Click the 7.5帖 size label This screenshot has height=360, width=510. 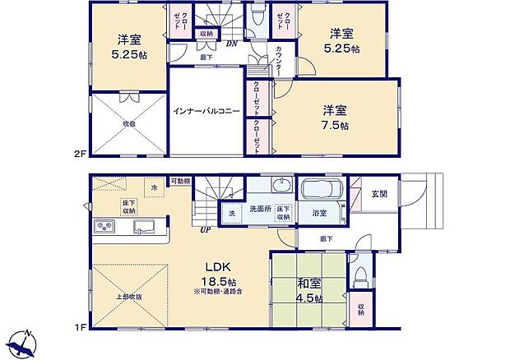click(x=336, y=126)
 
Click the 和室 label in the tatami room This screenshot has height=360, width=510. click(x=309, y=284)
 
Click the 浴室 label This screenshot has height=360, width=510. click(x=318, y=213)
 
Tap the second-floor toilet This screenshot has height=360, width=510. click(x=257, y=17)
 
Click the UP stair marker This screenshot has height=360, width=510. click(x=203, y=230)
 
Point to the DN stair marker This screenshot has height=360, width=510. click(x=233, y=43)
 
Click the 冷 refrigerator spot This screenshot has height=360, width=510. click(x=155, y=188)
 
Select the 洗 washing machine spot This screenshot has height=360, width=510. click(x=231, y=213)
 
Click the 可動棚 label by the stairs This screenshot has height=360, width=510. click(x=181, y=180)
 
